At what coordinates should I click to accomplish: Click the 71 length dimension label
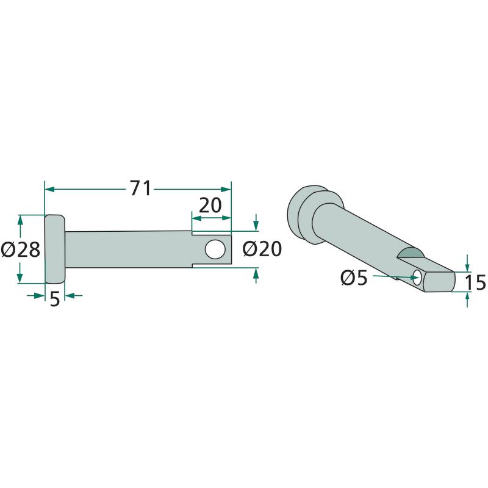[x=141, y=188]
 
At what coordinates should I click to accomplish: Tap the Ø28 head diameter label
[x=21, y=249]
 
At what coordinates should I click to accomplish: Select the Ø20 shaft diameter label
[x=262, y=249]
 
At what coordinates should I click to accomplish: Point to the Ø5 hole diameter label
[x=354, y=278]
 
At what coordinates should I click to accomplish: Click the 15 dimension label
[x=475, y=282]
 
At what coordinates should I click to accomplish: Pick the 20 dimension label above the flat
[x=210, y=206]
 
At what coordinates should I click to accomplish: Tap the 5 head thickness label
[x=54, y=300]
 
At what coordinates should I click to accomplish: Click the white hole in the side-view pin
[x=215, y=249]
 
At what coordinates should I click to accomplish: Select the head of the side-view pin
[x=55, y=249]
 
